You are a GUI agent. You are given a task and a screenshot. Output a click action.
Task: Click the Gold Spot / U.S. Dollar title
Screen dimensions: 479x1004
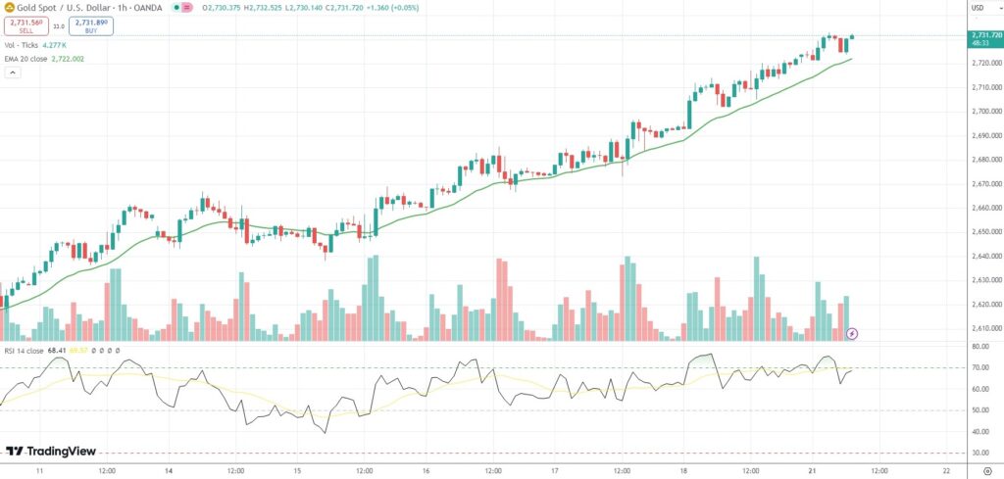pyautogui.click(x=59, y=8)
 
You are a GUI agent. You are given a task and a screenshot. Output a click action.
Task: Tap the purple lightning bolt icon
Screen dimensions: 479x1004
pyautogui.click(x=852, y=333)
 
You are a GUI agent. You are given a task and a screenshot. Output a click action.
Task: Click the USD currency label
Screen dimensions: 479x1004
pyautogui.click(x=977, y=9)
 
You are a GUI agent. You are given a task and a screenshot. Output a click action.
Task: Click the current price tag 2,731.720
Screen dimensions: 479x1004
pyautogui.click(x=983, y=35)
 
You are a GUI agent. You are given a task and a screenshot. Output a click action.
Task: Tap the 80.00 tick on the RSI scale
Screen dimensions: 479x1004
pyautogui.click(x=979, y=347)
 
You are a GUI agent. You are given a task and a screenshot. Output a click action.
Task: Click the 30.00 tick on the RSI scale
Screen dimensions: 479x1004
pyautogui.click(x=979, y=453)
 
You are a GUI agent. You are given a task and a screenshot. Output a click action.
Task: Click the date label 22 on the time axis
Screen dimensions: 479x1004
pyautogui.click(x=944, y=470)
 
